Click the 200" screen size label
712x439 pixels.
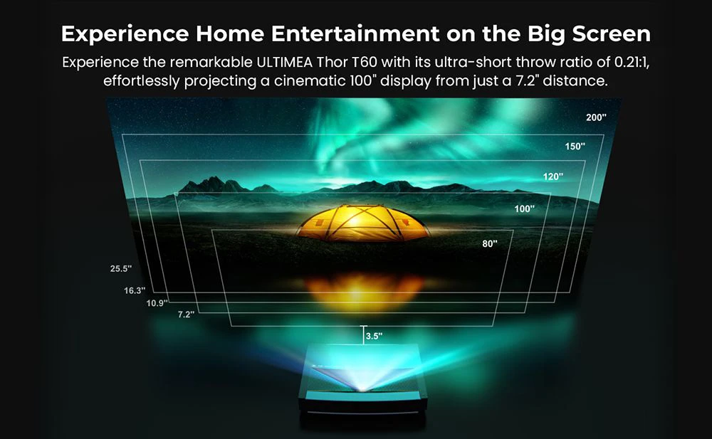point(596,117)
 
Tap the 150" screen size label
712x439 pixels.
point(575,147)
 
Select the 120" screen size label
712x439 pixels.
point(553,176)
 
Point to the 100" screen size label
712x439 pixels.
point(525,209)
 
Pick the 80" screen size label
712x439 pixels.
point(489,243)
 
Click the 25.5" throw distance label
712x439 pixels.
point(121,269)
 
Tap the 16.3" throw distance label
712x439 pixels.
point(135,290)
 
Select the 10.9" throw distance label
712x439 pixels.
point(157,303)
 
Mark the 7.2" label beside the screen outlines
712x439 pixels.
point(186,314)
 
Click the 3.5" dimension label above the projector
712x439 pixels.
point(372,335)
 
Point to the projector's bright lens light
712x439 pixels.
point(364,385)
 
